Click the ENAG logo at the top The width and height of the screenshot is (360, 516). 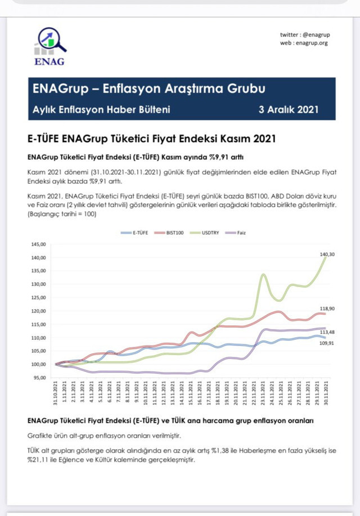click(49, 46)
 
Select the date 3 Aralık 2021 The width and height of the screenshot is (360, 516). click(289, 110)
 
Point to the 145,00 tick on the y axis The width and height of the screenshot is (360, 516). click(38, 245)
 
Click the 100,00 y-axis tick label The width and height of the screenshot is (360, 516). click(38, 364)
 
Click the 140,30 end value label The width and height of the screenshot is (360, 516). click(327, 255)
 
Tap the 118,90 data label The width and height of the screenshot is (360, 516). click(327, 309)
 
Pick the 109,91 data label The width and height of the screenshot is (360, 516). click(327, 342)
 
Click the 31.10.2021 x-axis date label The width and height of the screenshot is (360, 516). click(56, 393)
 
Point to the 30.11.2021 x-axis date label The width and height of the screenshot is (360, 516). click(326, 393)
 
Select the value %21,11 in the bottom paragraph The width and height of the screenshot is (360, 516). click(38, 460)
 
